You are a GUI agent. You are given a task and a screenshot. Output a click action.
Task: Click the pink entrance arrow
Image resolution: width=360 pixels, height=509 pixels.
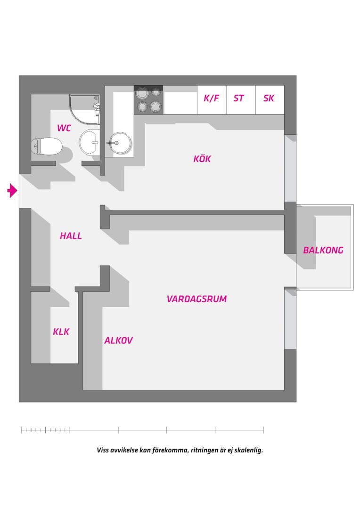[12, 190]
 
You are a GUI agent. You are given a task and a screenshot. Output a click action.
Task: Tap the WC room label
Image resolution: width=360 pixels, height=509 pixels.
[64, 128]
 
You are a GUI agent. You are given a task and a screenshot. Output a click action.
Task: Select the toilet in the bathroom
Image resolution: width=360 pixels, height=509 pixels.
[47, 147]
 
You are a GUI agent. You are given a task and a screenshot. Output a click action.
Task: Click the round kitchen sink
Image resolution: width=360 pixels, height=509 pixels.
[120, 142]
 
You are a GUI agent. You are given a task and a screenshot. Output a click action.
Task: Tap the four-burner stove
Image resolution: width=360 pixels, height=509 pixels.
[149, 100]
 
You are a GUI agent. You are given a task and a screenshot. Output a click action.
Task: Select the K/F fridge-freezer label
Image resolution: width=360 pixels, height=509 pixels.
[211, 98]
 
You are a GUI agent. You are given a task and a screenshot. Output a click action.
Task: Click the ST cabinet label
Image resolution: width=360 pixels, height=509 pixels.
[238, 98]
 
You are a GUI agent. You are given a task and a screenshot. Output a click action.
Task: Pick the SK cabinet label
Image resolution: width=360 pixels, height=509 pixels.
[269, 98]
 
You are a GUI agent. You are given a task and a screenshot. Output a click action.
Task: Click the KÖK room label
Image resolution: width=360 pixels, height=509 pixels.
[202, 159]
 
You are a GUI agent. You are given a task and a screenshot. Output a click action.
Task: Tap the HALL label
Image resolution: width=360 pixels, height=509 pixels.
[71, 236]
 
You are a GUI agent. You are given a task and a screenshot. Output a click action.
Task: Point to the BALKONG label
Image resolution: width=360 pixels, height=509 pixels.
[323, 250]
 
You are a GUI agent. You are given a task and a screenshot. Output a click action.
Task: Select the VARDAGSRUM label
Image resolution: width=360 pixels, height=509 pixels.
[196, 299]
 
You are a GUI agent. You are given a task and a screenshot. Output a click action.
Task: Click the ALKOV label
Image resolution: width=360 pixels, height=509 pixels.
[118, 340]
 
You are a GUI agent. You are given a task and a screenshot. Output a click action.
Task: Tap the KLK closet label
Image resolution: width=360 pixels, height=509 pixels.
[61, 332]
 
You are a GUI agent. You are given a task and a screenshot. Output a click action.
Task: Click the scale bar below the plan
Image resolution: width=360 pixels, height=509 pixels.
[142, 430]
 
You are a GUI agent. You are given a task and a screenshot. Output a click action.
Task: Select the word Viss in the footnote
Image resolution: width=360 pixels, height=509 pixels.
[103, 450]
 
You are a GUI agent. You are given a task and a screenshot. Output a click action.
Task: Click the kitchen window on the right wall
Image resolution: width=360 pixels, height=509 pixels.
[290, 168]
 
